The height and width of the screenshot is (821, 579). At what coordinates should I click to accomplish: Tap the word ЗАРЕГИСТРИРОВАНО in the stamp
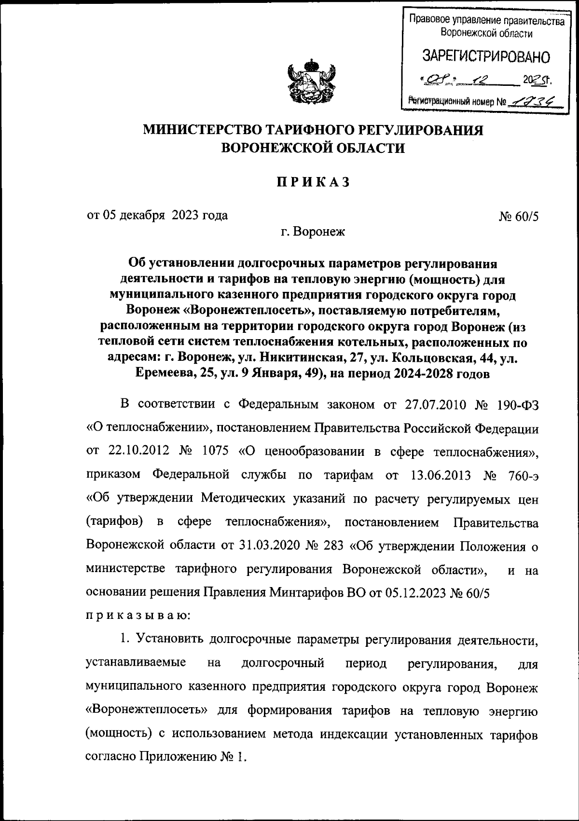[x=486, y=57]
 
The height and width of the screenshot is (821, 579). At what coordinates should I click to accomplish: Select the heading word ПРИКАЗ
[x=313, y=182]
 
